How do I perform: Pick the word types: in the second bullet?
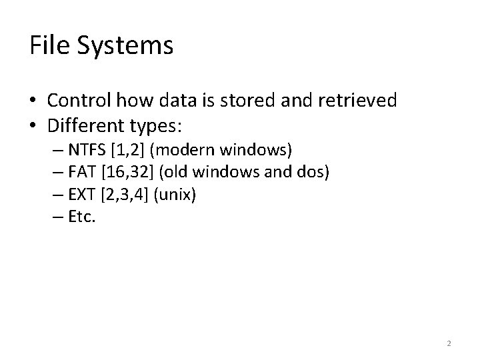[155, 127]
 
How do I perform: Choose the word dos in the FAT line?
[313, 173]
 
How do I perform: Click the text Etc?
[82, 218]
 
